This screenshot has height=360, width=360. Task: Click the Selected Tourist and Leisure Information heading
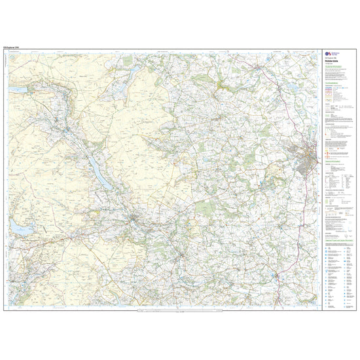coord(336,242)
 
